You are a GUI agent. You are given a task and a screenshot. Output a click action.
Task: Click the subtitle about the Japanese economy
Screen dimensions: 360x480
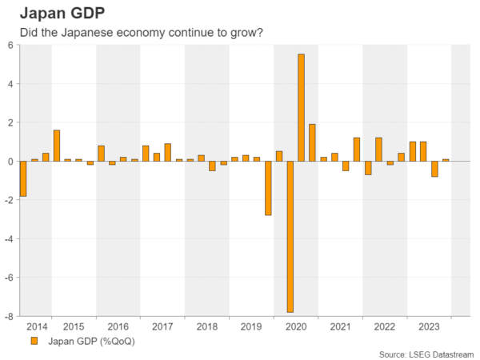pos(136,32)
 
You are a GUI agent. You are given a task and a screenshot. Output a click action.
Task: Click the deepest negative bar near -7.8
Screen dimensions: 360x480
pos(290,236)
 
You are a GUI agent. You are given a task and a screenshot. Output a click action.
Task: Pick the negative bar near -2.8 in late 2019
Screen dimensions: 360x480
pos(268,188)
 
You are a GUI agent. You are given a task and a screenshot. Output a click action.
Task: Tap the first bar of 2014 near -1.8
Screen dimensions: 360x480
pos(24,178)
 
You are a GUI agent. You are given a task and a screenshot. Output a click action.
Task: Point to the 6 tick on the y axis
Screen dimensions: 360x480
pos(10,46)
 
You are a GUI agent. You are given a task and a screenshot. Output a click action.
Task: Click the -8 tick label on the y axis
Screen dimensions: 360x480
pos(9,316)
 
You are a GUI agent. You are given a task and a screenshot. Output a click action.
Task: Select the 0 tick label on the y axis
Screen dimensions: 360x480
pos(10,162)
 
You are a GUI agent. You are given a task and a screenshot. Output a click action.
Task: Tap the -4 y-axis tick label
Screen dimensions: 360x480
pos(9,239)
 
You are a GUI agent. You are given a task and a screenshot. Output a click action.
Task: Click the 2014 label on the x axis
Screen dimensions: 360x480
pos(37,326)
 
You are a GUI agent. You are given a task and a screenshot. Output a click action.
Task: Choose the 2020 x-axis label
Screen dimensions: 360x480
pos(295,326)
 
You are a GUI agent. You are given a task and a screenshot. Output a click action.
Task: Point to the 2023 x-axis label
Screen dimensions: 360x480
pos(429,326)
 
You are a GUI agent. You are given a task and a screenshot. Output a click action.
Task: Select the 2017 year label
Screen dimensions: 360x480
pos(162,326)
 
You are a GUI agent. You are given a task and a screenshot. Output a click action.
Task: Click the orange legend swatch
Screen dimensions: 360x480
pos(34,341)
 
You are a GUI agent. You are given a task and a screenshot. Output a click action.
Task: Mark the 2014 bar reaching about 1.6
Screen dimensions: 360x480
pos(57,146)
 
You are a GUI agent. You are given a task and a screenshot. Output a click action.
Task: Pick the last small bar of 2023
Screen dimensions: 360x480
pos(446,160)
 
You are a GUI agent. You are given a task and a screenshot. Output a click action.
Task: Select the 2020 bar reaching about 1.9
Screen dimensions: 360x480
pos(312,142)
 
